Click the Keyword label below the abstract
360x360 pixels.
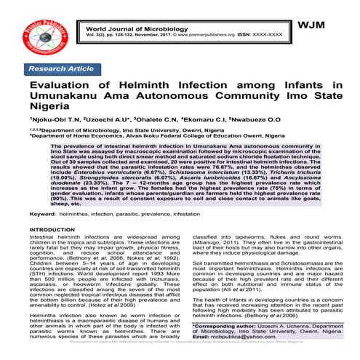tap(44, 217)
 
